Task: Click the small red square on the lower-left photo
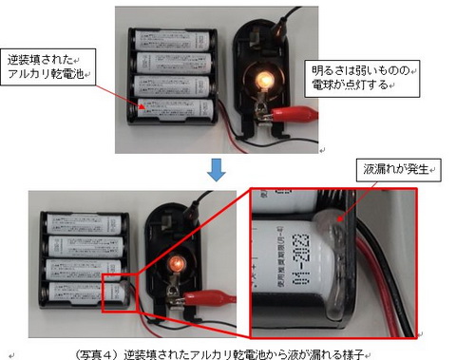pyautogui.click(x=119, y=294)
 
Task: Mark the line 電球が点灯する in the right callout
pyautogui.click(x=349, y=85)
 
